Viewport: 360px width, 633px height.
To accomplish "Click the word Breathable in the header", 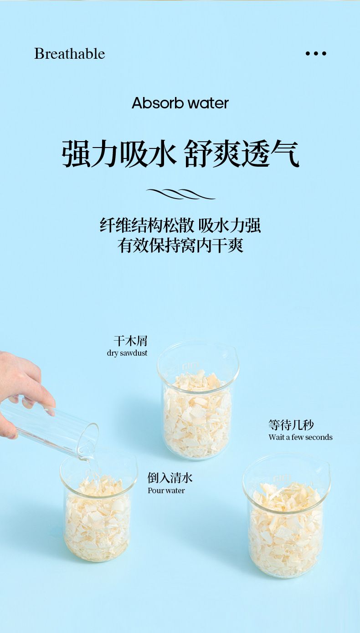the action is pos(70,53).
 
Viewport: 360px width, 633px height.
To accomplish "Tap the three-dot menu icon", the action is pos(316,53).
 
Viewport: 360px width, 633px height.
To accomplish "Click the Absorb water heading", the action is pos(180,103).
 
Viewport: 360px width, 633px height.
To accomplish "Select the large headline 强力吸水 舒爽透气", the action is pos(180,153).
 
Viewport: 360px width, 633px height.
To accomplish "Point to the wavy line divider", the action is pos(181,194).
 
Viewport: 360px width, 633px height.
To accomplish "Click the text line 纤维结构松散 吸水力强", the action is pos(180,225).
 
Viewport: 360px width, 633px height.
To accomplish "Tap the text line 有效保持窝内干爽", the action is pos(180,245).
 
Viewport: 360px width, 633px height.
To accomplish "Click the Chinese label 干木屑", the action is pos(131,341).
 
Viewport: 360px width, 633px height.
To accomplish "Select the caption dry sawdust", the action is pos(127,353).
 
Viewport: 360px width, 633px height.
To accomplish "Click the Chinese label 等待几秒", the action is pos(291,425).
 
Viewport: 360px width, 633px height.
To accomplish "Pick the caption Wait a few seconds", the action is pos(300,437).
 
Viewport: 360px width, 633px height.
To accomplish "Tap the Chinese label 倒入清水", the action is pos(170,478).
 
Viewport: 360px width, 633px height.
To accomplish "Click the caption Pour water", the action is pos(166,490).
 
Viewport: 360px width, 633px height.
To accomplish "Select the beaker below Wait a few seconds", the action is pos(286,519).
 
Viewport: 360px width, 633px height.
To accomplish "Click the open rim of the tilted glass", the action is pos(88,441).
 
